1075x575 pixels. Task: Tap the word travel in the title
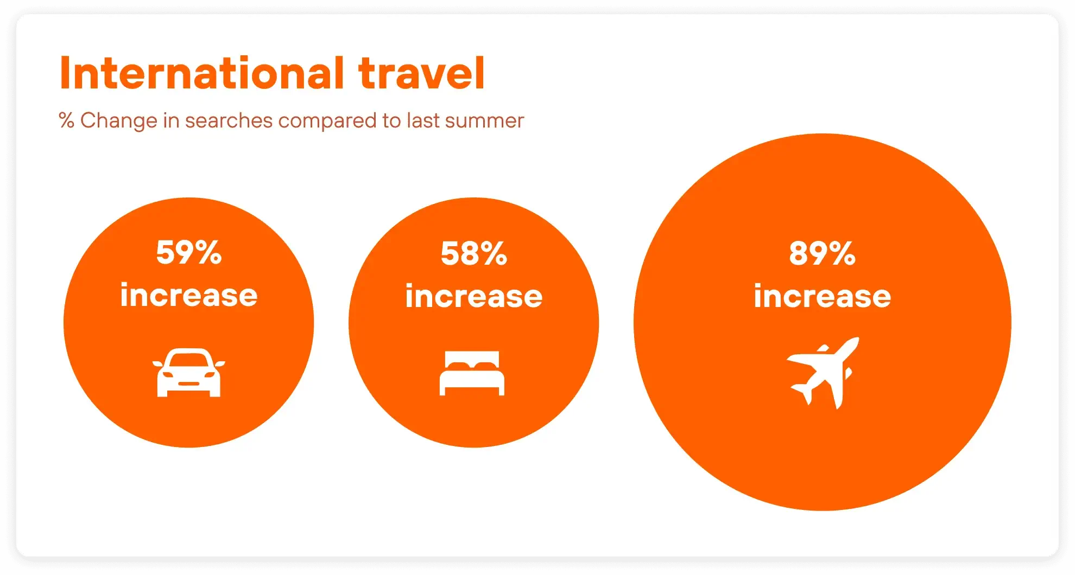(421, 73)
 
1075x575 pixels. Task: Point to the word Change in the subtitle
(119, 121)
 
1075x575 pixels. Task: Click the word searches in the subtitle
(229, 120)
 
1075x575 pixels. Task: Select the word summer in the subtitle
(484, 121)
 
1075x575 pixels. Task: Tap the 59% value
(189, 252)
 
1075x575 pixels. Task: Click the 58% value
(474, 253)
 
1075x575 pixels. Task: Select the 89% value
(823, 253)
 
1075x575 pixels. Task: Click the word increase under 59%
(189, 295)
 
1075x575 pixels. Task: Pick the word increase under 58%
(474, 296)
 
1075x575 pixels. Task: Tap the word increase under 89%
(823, 296)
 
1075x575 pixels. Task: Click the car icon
(189, 373)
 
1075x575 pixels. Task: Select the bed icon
(472, 373)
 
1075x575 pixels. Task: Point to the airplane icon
(823, 373)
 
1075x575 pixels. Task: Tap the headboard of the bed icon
(472, 359)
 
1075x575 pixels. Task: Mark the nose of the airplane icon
(855, 341)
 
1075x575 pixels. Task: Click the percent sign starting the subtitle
(66, 120)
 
